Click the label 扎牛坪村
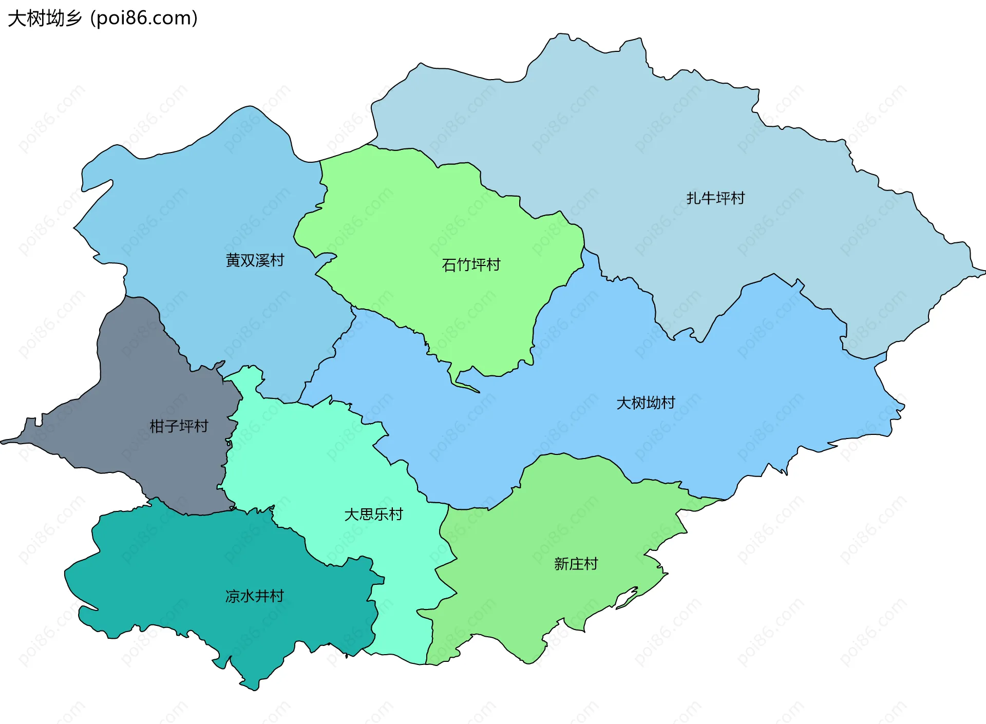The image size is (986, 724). [715, 198]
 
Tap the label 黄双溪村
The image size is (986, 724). [255, 260]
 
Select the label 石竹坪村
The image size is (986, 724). [471, 265]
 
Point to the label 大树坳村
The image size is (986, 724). [646, 403]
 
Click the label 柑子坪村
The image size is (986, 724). [179, 426]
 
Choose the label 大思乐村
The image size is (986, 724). [373, 515]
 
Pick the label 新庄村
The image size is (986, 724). [576, 564]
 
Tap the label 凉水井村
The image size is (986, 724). [254, 596]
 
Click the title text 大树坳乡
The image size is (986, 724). [45, 18]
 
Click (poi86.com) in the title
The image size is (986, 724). [144, 18]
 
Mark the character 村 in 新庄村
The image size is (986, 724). [591, 564]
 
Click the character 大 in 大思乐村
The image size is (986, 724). [351, 515]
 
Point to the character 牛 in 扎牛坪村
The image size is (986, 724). [708, 198]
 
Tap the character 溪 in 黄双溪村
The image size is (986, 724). [262, 260]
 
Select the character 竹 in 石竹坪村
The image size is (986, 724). [464, 265]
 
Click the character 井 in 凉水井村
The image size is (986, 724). [262, 596]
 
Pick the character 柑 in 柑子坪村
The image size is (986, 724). [157, 426]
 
